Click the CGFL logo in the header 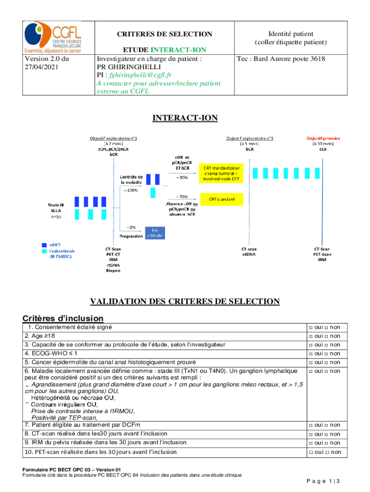52,38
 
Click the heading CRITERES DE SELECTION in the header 165,34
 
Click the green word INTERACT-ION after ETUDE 179,50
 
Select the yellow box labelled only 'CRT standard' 222,199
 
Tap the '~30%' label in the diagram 182,177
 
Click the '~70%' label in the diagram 182,197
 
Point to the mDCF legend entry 54,245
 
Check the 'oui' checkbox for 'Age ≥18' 311,336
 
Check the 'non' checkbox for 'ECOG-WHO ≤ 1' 327,354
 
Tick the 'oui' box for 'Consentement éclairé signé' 311,328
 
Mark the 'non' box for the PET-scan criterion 327,452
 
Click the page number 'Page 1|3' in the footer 323,481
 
